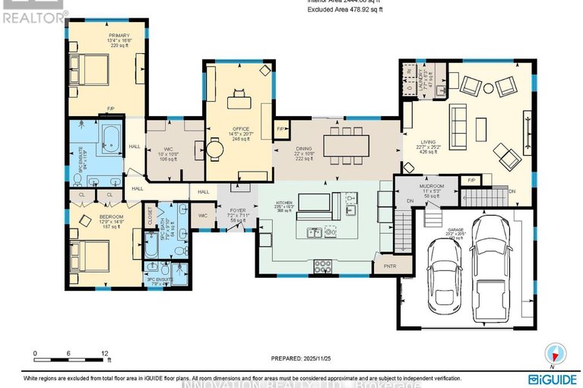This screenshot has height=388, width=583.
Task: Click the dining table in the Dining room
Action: pyautogui.click(x=346, y=144)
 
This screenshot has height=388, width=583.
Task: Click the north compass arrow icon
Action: pyautogui.click(x=558, y=353)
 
